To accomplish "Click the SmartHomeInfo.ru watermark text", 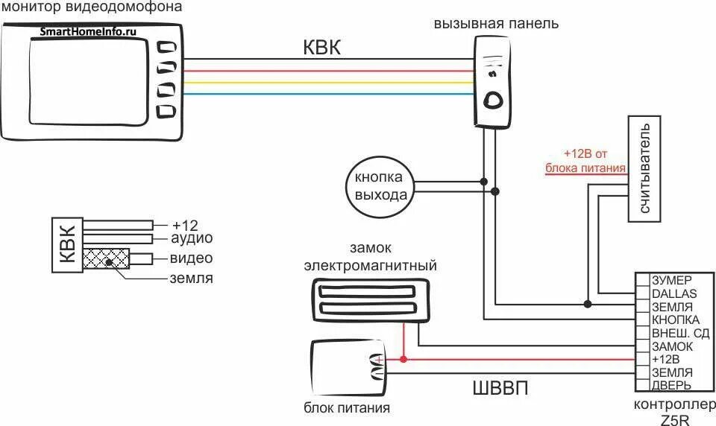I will pyautogui.click(x=88, y=32).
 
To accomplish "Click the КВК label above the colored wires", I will pyautogui.click(x=321, y=48).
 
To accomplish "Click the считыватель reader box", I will pyautogui.click(x=644, y=170).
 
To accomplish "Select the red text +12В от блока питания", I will pyautogui.click(x=585, y=161).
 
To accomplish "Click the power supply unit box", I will pyautogui.click(x=349, y=368).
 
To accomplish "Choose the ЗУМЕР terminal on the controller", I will pyautogui.click(x=672, y=280).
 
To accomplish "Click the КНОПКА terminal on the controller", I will pyautogui.click(x=675, y=319).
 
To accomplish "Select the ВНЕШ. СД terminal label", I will pyautogui.click(x=679, y=333).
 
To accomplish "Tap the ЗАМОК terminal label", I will pyautogui.click(x=672, y=346).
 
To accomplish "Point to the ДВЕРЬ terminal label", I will pyautogui.click(x=671, y=386).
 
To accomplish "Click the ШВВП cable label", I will pyautogui.click(x=500, y=390).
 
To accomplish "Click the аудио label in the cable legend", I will pyautogui.click(x=192, y=238).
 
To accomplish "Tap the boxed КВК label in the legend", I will pyautogui.click(x=67, y=244).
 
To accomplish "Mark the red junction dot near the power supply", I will pyautogui.click(x=403, y=359).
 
